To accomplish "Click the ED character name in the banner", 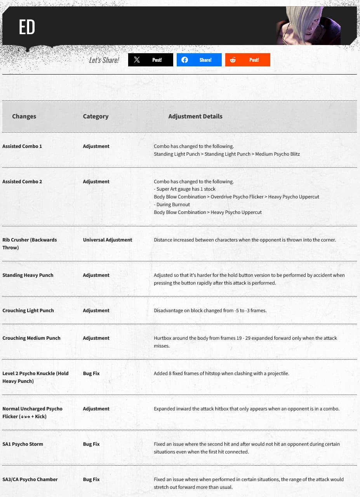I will point(27,27).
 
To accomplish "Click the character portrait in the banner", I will point(308,26).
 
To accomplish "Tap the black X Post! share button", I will point(151,60).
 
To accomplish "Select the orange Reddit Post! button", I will point(247,60).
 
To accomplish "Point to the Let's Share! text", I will point(104,60).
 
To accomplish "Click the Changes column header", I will point(24,116).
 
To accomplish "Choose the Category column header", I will point(96,116).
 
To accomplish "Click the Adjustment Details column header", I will point(195,116).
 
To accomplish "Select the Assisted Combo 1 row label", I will point(22,146).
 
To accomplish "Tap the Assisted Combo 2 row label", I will point(22,182).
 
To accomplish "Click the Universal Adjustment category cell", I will point(108,240).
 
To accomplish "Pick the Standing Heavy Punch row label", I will point(28,275).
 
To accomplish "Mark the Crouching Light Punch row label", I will point(28,311).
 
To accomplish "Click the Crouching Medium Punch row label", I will point(31,338).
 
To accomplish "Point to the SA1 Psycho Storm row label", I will point(23,444).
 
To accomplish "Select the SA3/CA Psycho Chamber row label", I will point(30,480).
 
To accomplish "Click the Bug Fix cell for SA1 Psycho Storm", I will point(91,444).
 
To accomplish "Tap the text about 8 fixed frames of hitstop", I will point(221,374).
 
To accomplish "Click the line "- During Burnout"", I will point(172,205).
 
